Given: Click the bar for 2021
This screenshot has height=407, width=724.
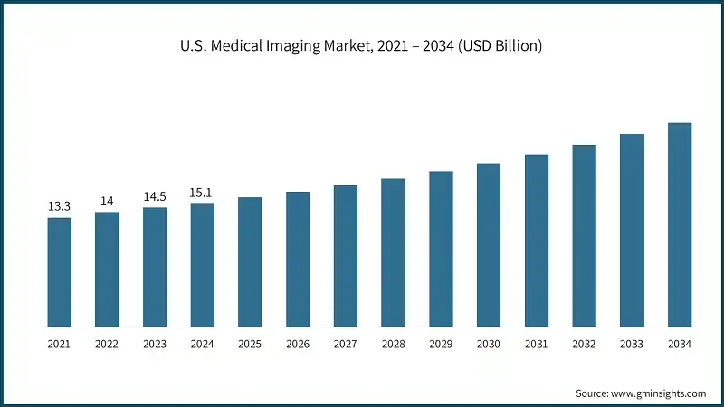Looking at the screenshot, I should pos(59,271).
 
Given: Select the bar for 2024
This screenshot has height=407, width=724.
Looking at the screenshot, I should pos(203,264).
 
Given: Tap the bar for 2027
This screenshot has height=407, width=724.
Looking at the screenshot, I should pos(346,256).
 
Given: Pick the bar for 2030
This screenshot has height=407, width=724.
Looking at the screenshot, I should pos(489,244).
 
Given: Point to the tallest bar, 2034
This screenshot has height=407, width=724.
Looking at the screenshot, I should pos(680,224).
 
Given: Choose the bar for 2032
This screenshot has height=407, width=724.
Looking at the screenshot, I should pos(584,235).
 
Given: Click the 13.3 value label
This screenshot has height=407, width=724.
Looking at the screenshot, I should pos(59,207).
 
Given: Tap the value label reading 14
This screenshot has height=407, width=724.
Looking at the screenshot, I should pos(107,201).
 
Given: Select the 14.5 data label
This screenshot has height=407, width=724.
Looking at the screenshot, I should pos(155,196).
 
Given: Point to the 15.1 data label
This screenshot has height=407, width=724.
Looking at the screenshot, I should pos(203,192).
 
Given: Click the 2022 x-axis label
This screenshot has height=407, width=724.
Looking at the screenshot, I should pos(107,345).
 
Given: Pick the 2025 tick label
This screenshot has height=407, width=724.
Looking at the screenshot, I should pos(250,345).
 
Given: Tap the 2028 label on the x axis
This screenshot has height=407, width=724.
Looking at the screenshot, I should pos(394,345).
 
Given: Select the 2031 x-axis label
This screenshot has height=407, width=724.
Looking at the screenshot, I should pos(537,345).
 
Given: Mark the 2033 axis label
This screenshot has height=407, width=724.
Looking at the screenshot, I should pos(632,345).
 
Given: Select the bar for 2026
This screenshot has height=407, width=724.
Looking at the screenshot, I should pos(298,259).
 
